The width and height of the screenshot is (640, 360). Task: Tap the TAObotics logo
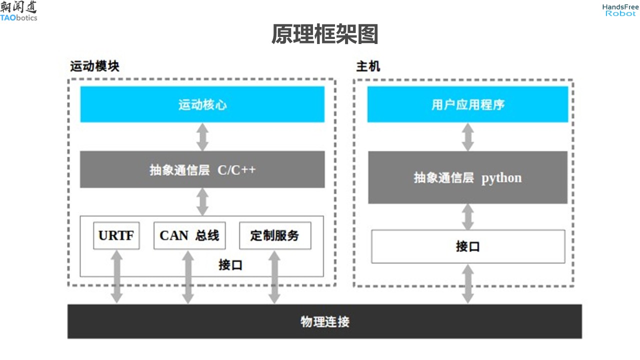pos(18,11)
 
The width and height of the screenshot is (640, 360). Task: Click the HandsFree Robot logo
pos(620,10)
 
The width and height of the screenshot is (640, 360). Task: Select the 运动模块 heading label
pos(94,66)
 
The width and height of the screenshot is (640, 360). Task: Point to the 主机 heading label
pos(368,66)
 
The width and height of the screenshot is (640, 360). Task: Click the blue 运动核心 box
pos(202,104)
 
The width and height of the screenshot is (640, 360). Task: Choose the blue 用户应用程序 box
pos(467,104)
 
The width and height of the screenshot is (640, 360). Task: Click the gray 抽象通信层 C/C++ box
pos(202,169)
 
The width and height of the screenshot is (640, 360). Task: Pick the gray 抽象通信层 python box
pos(467,177)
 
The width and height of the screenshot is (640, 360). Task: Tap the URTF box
pos(116,235)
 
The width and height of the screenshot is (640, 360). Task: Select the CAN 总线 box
pos(189,235)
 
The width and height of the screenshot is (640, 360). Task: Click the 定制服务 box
pos(274,235)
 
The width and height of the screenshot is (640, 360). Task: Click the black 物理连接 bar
pos(324,321)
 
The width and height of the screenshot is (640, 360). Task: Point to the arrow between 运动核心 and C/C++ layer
pos(202,136)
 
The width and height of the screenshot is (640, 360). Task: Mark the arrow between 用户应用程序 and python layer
pos(467,136)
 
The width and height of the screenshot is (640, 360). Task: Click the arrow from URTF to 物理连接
pos(116,276)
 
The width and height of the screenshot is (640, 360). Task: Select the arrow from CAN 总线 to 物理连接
pos(188,276)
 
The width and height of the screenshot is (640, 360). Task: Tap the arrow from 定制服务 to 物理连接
pos(274,276)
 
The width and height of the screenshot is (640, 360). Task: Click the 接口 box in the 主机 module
pos(467,246)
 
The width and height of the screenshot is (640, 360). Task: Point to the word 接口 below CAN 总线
pos(230,264)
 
